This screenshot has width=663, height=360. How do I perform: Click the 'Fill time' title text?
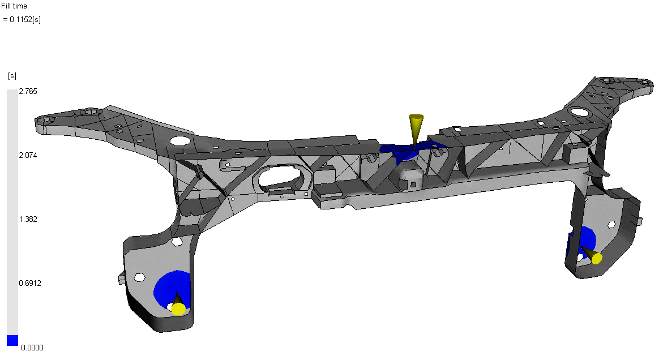[x=14, y=6]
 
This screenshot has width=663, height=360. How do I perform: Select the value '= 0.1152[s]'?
[x=22, y=19]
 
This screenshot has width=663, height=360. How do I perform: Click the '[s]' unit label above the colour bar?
[x=12, y=76]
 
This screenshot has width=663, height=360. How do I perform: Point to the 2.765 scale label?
[x=28, y=91]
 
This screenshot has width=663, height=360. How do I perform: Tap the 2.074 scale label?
[x=28, y=155]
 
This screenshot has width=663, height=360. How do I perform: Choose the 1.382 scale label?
[x=28, y=219]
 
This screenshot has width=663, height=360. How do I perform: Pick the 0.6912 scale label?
[x=30, y=283]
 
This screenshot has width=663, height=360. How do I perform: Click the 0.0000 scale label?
[x=32, y=348]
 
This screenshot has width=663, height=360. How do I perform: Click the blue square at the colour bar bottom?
[x=12, y=340]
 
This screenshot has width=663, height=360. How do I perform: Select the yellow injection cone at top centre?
[x=416, y=129]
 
